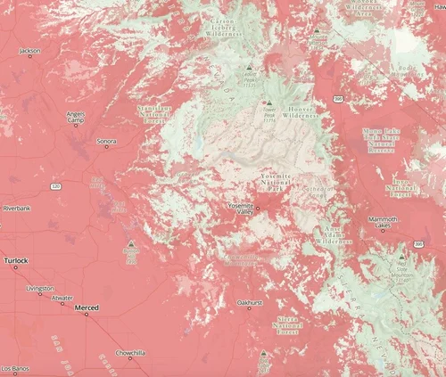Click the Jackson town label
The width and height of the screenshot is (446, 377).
coord(29,52)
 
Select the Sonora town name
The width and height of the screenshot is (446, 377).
coord(106,141)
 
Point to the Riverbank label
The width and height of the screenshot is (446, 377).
coord(16,208)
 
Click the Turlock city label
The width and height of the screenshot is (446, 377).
coord(15,260)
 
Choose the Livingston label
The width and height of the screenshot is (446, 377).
coord(39,288)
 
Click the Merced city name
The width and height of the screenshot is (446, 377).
coord(87,307)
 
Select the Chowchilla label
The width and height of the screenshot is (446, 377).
coord(130,353)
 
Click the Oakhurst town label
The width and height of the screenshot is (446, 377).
coord(249,303)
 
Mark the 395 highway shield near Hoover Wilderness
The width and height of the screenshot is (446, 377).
coord(339,101)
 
